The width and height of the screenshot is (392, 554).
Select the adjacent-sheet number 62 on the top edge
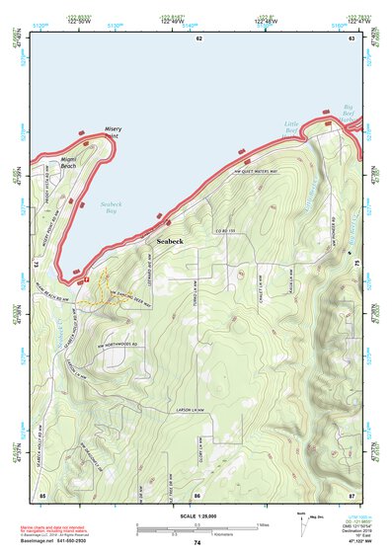pyautogui.click(x=198, y=38)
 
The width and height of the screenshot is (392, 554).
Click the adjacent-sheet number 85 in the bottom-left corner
pyautogui.click(x=42, y=492)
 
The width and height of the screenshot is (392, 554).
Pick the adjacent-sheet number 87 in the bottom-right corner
pyautogui.click(x=351, y=492)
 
